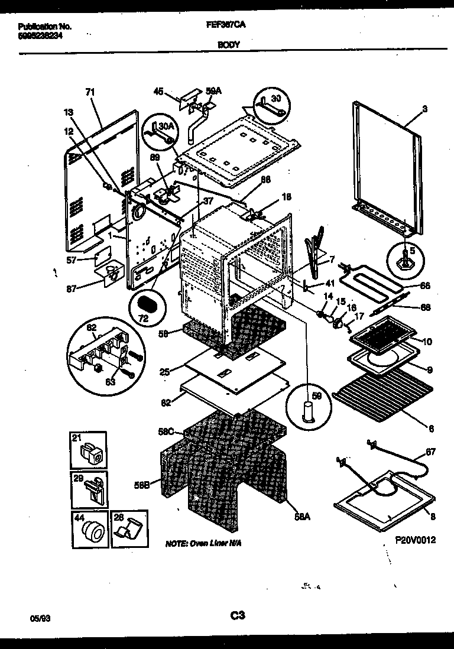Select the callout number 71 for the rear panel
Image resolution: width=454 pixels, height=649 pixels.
click(x=90, y=92)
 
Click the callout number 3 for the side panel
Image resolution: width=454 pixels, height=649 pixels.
click(x=424, y=109)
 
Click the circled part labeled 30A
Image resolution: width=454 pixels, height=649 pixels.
click(x=160, y=131)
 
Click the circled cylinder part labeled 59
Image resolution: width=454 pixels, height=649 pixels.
click(x=309, y=407)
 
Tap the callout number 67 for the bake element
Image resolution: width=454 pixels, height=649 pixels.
click(x=430, y=452)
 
